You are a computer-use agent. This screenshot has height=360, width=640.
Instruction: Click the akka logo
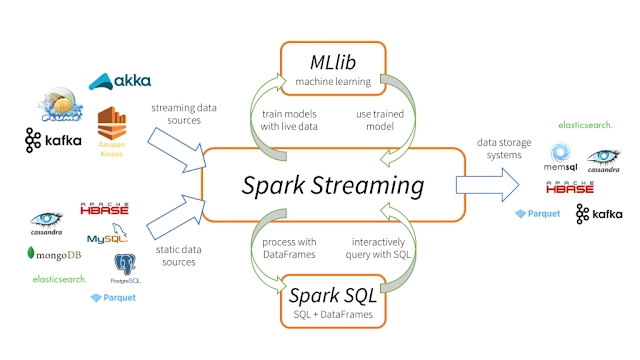point(119,81)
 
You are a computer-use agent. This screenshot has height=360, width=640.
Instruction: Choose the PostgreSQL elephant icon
point(127,268)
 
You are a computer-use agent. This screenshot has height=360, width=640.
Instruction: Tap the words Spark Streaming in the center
point(332,185)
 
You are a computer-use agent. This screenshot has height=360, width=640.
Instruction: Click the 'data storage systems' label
point(495,148)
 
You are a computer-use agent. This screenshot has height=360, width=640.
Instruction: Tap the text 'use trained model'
point(380,120)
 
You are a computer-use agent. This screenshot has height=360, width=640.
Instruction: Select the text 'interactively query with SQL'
point(380,249)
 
